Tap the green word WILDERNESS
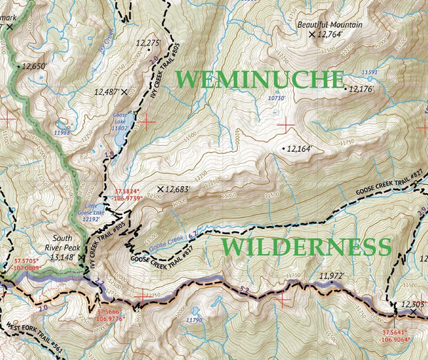pyautogui.click(x=306, y=247)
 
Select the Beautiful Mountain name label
pyautogui.click(x=330, y=25)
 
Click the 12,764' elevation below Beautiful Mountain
pyautogui.click(x=330, y=34)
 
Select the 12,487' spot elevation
pyautogui.click(x=107, y=91)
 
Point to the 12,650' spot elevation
pyautogui.click(x=34, y=66)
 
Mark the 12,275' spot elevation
pyautogui.click(x=148, y=43)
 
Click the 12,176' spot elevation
pyautogui.click(x=361, y=89)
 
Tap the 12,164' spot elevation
pyautogui.click(x=300, y=149)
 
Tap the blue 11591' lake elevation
pyautogui.click(x=370, y=72)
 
